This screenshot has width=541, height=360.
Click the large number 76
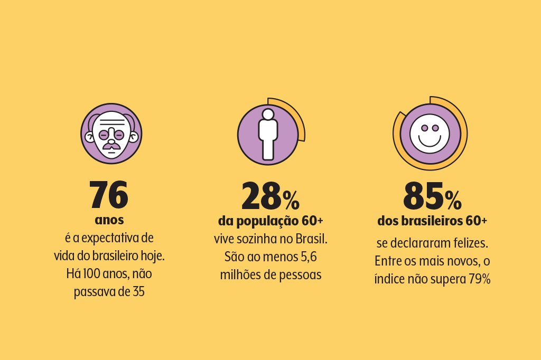click(108, 195)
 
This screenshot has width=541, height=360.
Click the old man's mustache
click(111, 144)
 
